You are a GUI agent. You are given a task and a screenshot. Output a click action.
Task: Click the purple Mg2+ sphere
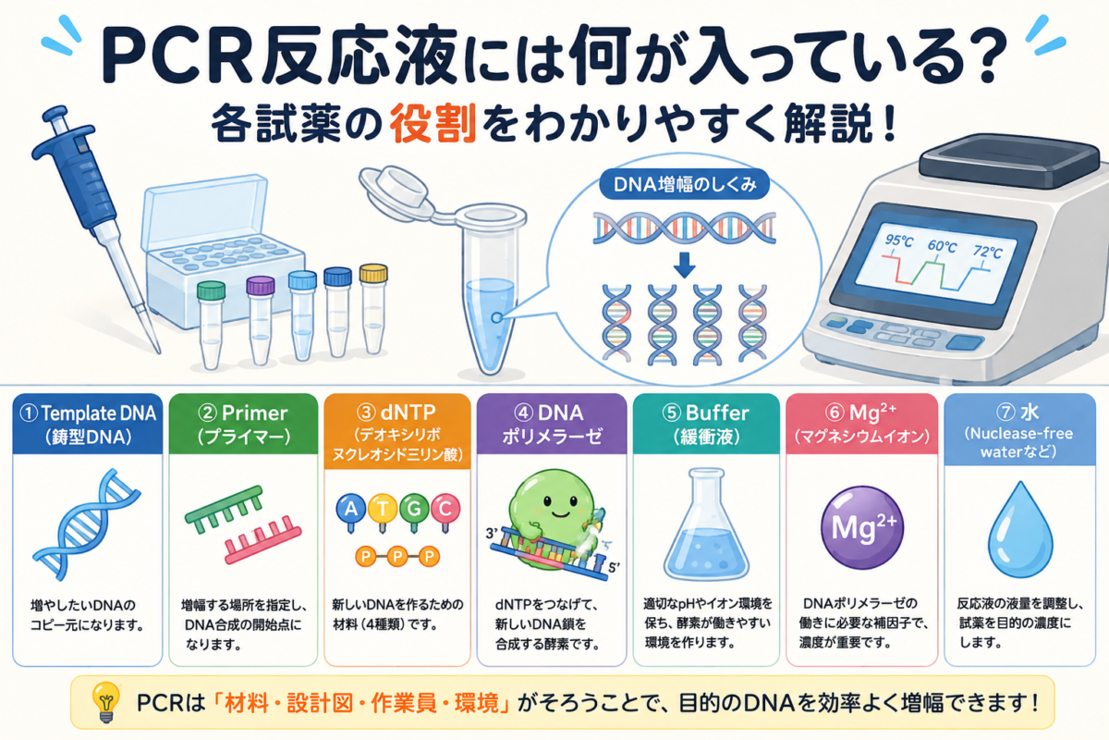tap(862, 527)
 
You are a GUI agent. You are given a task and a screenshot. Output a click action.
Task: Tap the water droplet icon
tap(1020, 531)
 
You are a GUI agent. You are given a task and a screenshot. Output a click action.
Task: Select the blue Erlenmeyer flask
tap(706, 524)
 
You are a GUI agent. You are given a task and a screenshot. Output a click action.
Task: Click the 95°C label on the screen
tap(899, 240)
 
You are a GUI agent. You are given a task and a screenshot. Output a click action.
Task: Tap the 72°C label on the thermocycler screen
tap(987, 253)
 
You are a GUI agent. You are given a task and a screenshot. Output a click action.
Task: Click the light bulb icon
tap(106, 702)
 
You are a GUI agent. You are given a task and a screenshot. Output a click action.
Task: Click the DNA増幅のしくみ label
tap(685, 185)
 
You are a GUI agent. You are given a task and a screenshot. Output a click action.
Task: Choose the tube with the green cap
tap(211, 325)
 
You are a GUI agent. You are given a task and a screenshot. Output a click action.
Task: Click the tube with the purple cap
tap(261, 320)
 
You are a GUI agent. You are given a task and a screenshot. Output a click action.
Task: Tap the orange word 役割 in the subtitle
tap(433, 124)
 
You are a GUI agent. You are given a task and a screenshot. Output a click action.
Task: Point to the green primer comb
tap(224, 510)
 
